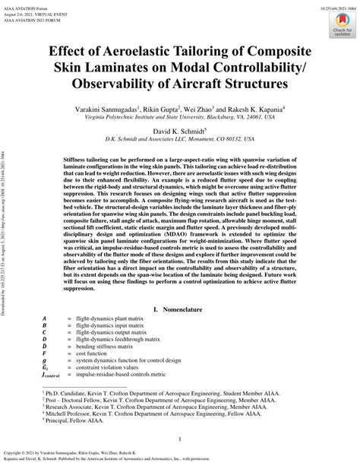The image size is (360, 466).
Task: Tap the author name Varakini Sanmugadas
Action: (104, 110)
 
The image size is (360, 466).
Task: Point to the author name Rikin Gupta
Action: (169, 110)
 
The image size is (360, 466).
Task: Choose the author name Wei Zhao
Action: (211, 110)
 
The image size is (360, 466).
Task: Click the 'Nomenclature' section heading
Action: (186, 331)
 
